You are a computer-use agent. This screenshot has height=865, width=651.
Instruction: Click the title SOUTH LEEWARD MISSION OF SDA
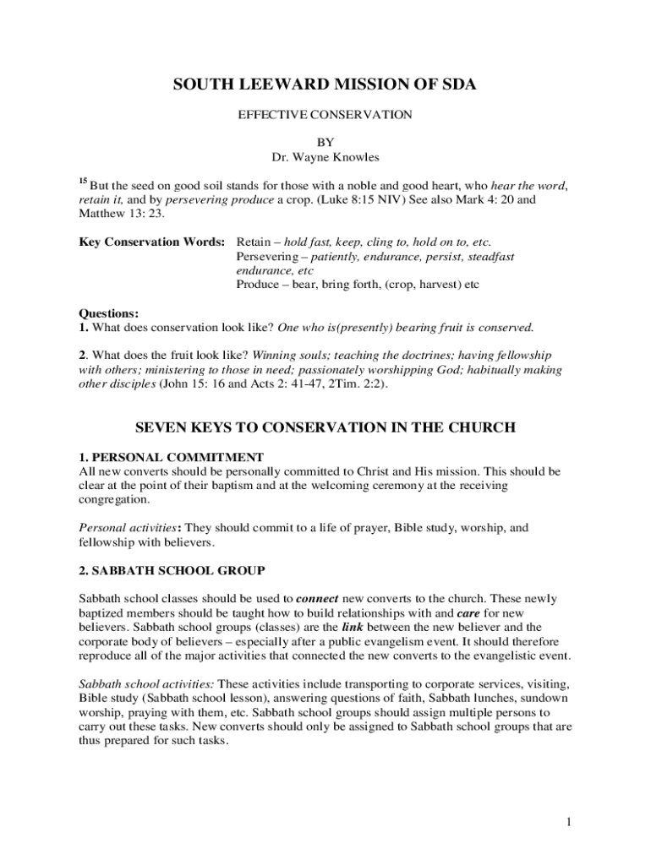pos(325,84)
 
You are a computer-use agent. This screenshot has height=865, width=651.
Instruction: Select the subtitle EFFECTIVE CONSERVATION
pos(325,114)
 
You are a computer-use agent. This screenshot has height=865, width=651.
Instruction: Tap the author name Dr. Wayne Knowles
pos(325,157)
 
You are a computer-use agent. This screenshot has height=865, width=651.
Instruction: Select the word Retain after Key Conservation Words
pos(254,242)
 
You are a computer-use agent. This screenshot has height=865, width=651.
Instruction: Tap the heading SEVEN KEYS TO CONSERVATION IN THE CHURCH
pos(325,427)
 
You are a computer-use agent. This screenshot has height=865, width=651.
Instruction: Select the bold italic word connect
pos(317,598)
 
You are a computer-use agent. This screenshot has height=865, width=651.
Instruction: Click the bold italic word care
pos(468,612)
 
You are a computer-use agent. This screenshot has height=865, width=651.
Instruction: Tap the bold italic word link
pos(353,627)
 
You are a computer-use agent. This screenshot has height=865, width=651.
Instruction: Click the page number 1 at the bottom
pos(571,822)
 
